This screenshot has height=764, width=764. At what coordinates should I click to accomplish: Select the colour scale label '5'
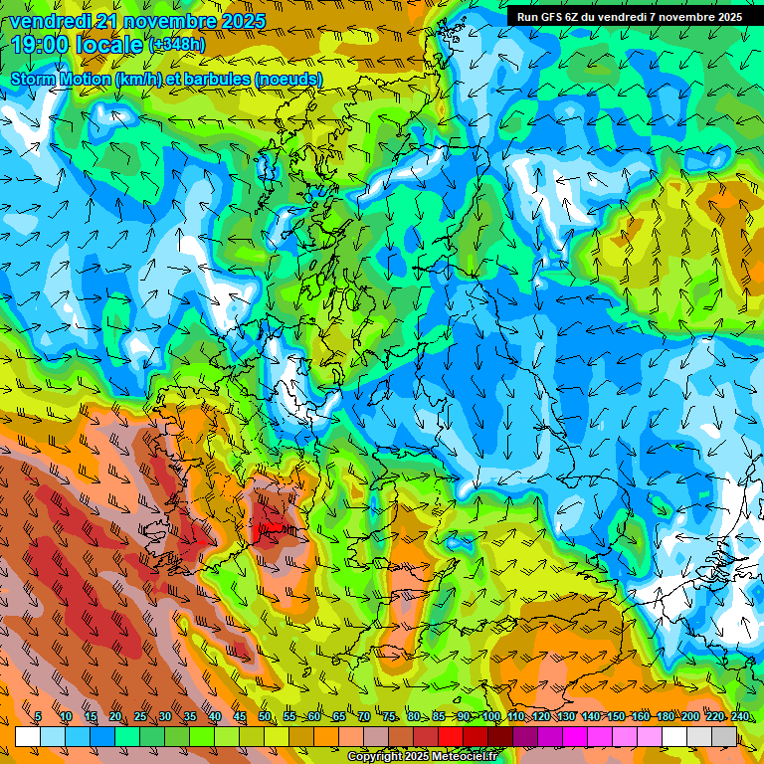click(38, 716)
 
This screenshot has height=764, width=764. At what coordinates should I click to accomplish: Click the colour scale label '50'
click(265, 716)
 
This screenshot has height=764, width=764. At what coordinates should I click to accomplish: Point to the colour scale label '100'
click(490, 716)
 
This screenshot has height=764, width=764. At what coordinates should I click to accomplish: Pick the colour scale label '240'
click(739, 716)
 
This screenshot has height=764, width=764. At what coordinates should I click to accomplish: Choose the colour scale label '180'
click(665, 716)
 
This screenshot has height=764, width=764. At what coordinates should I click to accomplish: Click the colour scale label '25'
click(140, 716)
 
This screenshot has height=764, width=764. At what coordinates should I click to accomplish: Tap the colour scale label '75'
click(389, 716)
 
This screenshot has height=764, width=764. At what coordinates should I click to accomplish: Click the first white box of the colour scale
click(28, 736)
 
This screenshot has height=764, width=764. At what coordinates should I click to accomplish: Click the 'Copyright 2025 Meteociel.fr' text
click(422, 757)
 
